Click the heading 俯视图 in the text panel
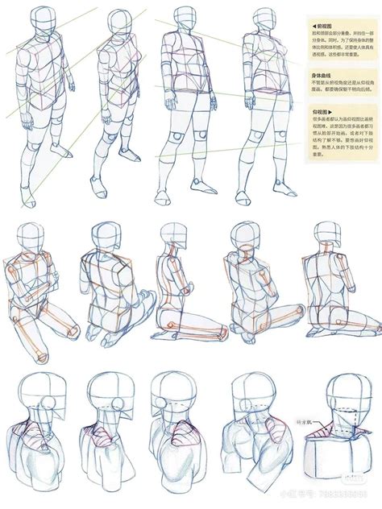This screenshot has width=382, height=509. pos(323,27)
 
